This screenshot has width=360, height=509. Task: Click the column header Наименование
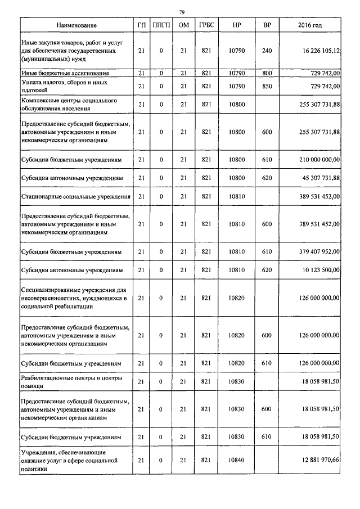point(76,25)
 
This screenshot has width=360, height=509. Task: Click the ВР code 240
point(267,51)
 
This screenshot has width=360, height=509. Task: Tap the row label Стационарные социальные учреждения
point(76,196)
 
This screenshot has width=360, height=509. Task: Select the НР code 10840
point(237,460)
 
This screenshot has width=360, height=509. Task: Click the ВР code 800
point(267,73)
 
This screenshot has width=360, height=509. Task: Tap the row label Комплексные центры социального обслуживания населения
point(68,104)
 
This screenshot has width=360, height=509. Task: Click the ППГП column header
point(161,25)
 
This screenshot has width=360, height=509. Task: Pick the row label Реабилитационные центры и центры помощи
point(71,381)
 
